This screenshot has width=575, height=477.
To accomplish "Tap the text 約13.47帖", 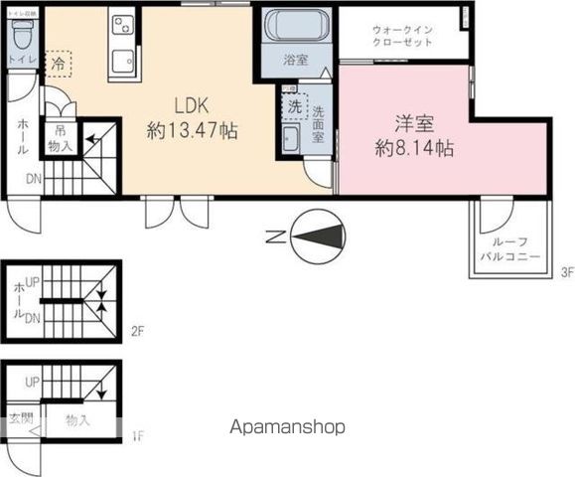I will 193,129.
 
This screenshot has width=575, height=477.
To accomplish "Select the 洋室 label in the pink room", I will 415,125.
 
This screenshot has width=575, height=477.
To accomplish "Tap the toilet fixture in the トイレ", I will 22,37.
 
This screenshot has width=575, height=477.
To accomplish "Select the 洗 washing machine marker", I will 295,104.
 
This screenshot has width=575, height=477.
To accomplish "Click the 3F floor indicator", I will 567,272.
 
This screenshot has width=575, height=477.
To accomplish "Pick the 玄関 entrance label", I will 20,418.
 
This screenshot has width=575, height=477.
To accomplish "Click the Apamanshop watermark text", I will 287,427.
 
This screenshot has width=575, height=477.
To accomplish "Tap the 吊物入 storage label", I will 60,138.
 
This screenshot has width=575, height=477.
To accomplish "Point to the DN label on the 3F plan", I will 33,180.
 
